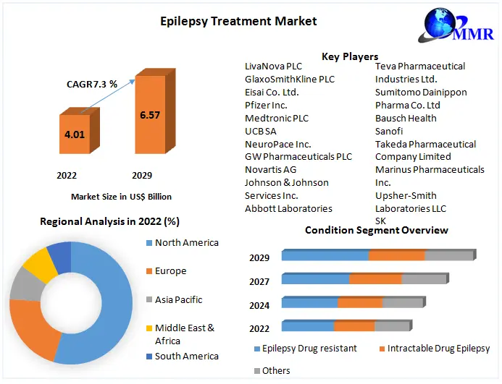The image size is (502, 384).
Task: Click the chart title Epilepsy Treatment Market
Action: pos(238,21)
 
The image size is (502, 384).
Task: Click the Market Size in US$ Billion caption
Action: pos(121,196)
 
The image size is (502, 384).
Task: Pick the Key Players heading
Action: pos(350,56)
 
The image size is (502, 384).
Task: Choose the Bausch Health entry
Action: pos(406,118)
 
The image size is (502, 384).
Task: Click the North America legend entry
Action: pos(186,243)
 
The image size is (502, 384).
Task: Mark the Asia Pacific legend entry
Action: pos(178,299)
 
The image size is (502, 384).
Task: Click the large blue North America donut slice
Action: pos(109,304)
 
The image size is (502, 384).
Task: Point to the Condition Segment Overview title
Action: pos(376,230)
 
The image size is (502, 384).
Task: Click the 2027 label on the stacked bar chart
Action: pos(259,281)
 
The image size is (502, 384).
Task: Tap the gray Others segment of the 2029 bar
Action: pos(448,255)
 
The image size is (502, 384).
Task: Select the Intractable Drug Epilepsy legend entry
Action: pos(438,349)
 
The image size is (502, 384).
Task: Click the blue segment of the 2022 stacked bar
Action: pos(308,326)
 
